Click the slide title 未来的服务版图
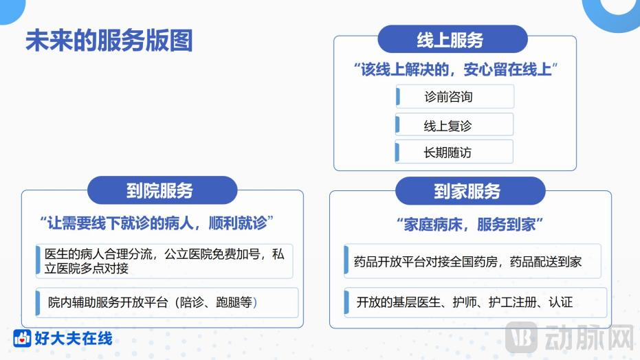pos(109,41)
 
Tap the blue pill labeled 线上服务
pos(452,40)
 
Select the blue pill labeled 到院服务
pos(162,191)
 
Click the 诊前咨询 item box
pos(454,97)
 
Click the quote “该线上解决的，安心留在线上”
pos(454,69)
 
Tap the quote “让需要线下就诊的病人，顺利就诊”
pos(157,223)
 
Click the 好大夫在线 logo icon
pos(22,339)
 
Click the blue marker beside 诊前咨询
pos(398,97)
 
